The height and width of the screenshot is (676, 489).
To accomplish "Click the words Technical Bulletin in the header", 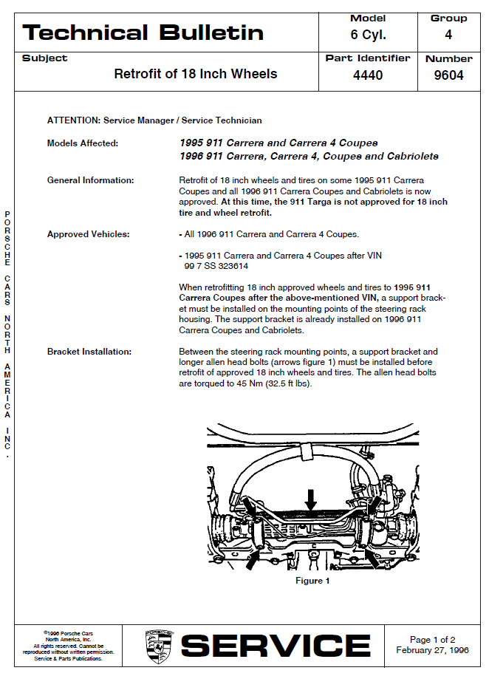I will [x=143, y=33].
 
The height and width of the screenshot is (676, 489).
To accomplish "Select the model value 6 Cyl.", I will [x=368, y=35].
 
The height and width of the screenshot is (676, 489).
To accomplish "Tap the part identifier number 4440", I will [x=368, y=75].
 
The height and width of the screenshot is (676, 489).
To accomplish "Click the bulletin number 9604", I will [x=448, y=75].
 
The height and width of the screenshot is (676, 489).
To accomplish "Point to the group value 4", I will [x=448, y=35].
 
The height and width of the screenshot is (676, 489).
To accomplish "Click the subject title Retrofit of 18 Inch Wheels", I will [x=196, y=74].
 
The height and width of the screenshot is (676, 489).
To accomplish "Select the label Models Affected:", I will [x=83, y=143].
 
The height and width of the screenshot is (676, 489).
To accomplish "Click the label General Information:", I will [x=91, y=180].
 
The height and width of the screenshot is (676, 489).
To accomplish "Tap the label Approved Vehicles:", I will [x=88, y=234].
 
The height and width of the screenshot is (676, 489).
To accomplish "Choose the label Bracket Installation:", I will [x=89, y=352].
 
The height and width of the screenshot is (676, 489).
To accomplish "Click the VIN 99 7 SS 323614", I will [x=216, y=266].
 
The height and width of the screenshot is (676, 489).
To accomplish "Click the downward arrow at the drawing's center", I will [x=311, y=499].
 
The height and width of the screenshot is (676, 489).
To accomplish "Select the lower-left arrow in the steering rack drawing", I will [x=252, y=561].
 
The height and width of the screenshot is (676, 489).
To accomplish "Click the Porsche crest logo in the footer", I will [x=159, y=646].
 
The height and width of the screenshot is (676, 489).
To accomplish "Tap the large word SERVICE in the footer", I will [x=276, y=646].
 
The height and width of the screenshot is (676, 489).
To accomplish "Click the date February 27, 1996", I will [x=432, y=651].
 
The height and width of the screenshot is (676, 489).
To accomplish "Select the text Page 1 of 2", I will [x=433, y=640].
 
